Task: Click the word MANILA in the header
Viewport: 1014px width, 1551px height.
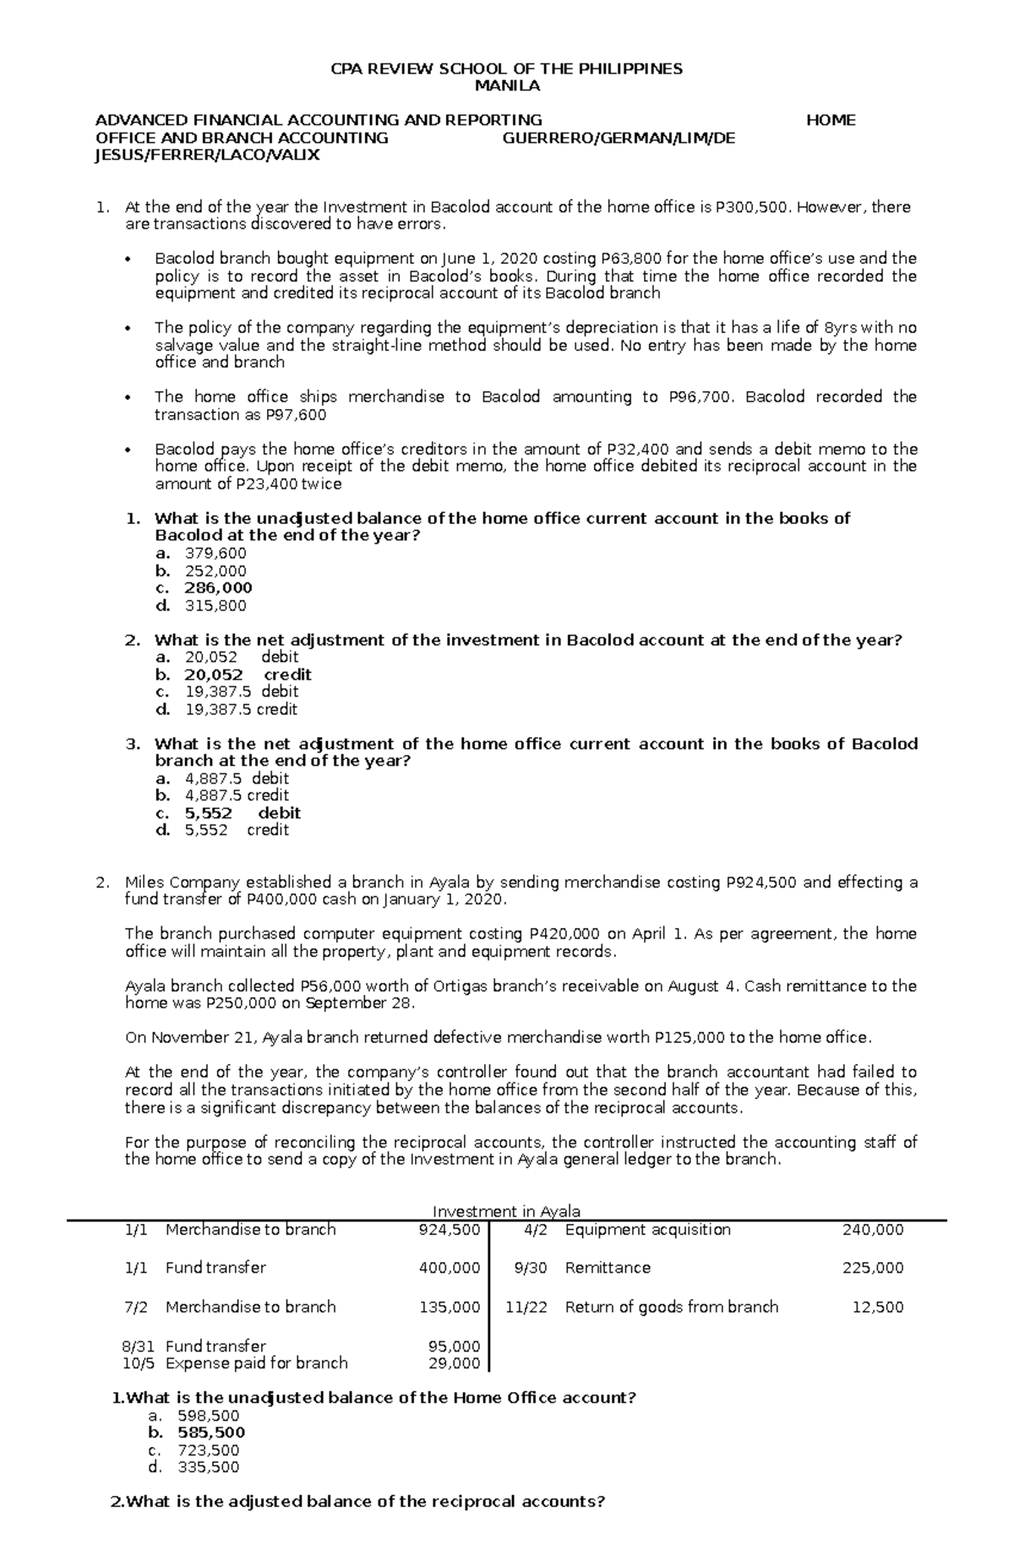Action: [x=507, y=86]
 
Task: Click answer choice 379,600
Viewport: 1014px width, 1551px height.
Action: [x=215, y=554]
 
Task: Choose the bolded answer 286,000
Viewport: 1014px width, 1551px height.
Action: [x=218, y=588]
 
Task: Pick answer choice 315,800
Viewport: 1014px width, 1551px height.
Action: [x=215, y=606]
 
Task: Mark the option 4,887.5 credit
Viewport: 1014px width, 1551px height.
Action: [x=237, y=795]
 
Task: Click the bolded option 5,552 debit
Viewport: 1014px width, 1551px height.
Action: [x=243, y=813]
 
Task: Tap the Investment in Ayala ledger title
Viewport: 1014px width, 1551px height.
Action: [x=506, y=1211]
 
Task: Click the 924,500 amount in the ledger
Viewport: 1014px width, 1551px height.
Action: [x=450, y=1230]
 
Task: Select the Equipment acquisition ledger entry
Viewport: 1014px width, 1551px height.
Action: [x=647, y=1230]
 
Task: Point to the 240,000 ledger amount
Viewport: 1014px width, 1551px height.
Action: [x=873, y=1230]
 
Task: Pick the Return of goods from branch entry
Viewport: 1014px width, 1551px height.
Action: [x=672, y=1307]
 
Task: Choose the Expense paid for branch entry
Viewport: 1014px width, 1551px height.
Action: [x=257, y=1363]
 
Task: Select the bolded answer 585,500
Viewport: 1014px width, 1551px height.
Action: [x=211, y=1433]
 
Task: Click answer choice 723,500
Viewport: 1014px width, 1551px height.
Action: [x=209, y=1450]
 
